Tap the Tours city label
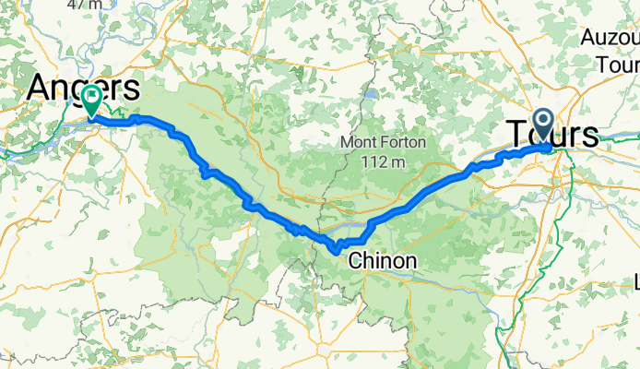(x=551, y=134)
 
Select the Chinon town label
(x=382, y=262)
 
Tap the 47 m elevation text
(x=87, y=5)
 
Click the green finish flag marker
(x=92, y=100)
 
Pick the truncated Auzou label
(x=610, y=39)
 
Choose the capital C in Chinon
(x=355, y=262)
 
